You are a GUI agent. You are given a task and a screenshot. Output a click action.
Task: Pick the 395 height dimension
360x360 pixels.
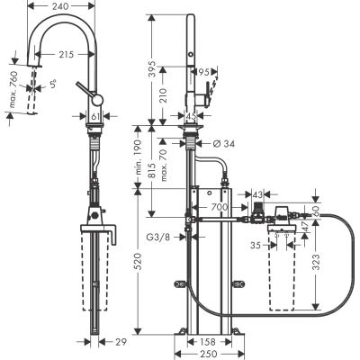(152, 69)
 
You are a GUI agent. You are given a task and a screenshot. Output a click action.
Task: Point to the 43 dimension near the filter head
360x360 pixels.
(256, 195)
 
